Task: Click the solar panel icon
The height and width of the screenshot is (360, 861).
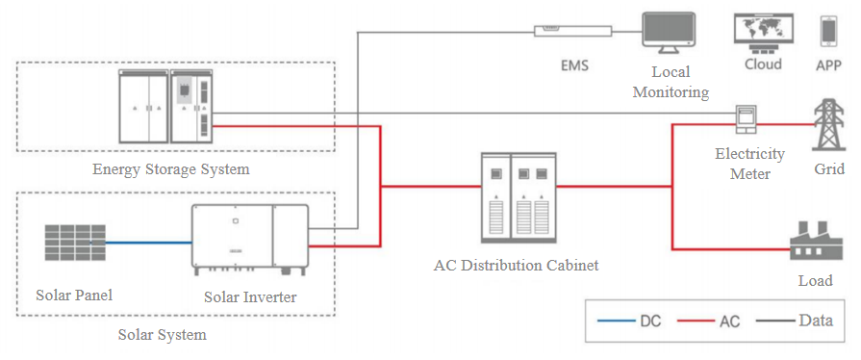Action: (x=75, y=242)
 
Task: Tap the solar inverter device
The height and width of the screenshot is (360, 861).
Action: (x=250, y=240)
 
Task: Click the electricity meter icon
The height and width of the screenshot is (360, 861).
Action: (x=747, y=119)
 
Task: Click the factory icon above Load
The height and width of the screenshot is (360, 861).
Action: (x=816, y=241)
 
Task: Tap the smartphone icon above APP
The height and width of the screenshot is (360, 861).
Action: (x=828, y=32)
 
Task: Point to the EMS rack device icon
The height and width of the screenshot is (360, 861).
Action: (x=572, y=31)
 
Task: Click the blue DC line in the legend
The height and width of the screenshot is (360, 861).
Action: (x=616, y=321)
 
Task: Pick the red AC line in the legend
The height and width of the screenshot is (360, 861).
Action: (x=696, y=321)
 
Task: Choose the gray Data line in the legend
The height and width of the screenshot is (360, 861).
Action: (x=775, y=321)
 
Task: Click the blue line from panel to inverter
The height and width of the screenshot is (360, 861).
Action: (x=148, y=243)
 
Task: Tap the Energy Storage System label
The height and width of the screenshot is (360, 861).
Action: (x=171, y=168)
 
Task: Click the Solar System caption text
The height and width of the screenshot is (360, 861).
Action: (x=163, y=334)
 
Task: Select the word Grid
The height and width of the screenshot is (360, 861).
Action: (x=829, y=168)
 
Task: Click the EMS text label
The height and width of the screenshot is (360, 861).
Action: (x=574, y=65)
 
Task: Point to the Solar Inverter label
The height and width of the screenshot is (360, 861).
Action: (x=250, y=297)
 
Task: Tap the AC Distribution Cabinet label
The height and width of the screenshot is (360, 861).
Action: (x=516, y=266)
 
